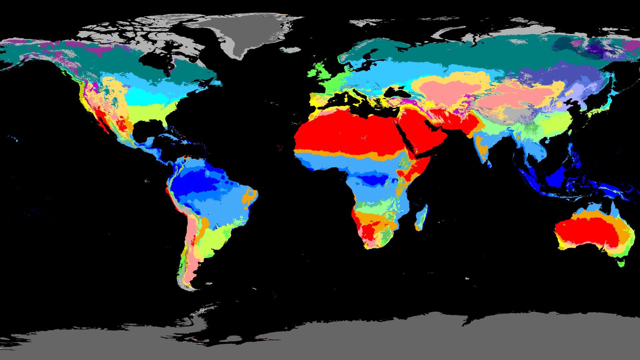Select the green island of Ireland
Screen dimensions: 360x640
pyautogui.click(x=311, y=73)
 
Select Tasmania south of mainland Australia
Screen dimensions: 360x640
pyautogui.click(x=620, y=263)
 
